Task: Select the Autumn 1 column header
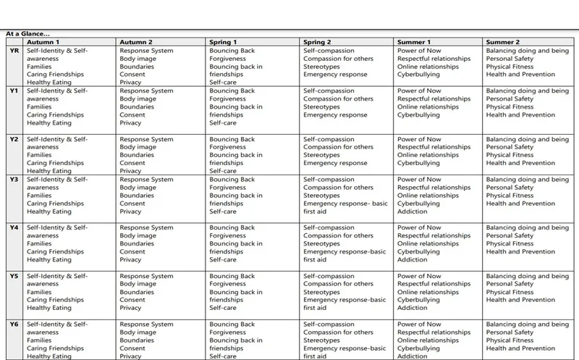pyautogui.click(x=43, y=42)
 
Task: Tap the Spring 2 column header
pyautogui.click(x=318, y=42)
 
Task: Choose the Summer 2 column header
pyautogui.click(x=502, y=42)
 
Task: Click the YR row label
pyautogui.click(x=14, y=51)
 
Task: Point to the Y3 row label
pyautogui.click(x=14, y=180)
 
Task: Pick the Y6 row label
pyautogui.click(x=14, y=325)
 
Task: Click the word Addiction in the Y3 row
pyautogui.click(x=413, y=212)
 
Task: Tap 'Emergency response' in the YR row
pyautogui.click(x=335, y=75)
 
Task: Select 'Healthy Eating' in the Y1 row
pyautogui.click(x=49, y=123)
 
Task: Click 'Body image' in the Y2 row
pyautogui.click(x=138, y=147)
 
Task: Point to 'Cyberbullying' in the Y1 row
pyautogui.click(x=418, y=115)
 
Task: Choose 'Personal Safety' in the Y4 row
pyautogui.click(x=510, y=235)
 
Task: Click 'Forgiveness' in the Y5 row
pyautogui.click(x=229, y=284)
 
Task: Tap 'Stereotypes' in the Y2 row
pyautogui.click(x=321, y=155)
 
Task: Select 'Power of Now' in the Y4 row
pyautogui.click(x=419, y=227)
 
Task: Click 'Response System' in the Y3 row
pyautogui.click(x=146, y=180)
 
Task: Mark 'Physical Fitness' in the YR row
pyautogui.click(x=510, y=67)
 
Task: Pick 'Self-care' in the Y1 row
pyautogui.click(x=223, y=123)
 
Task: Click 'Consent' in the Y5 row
pyautogui.click(x=132, y=300)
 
